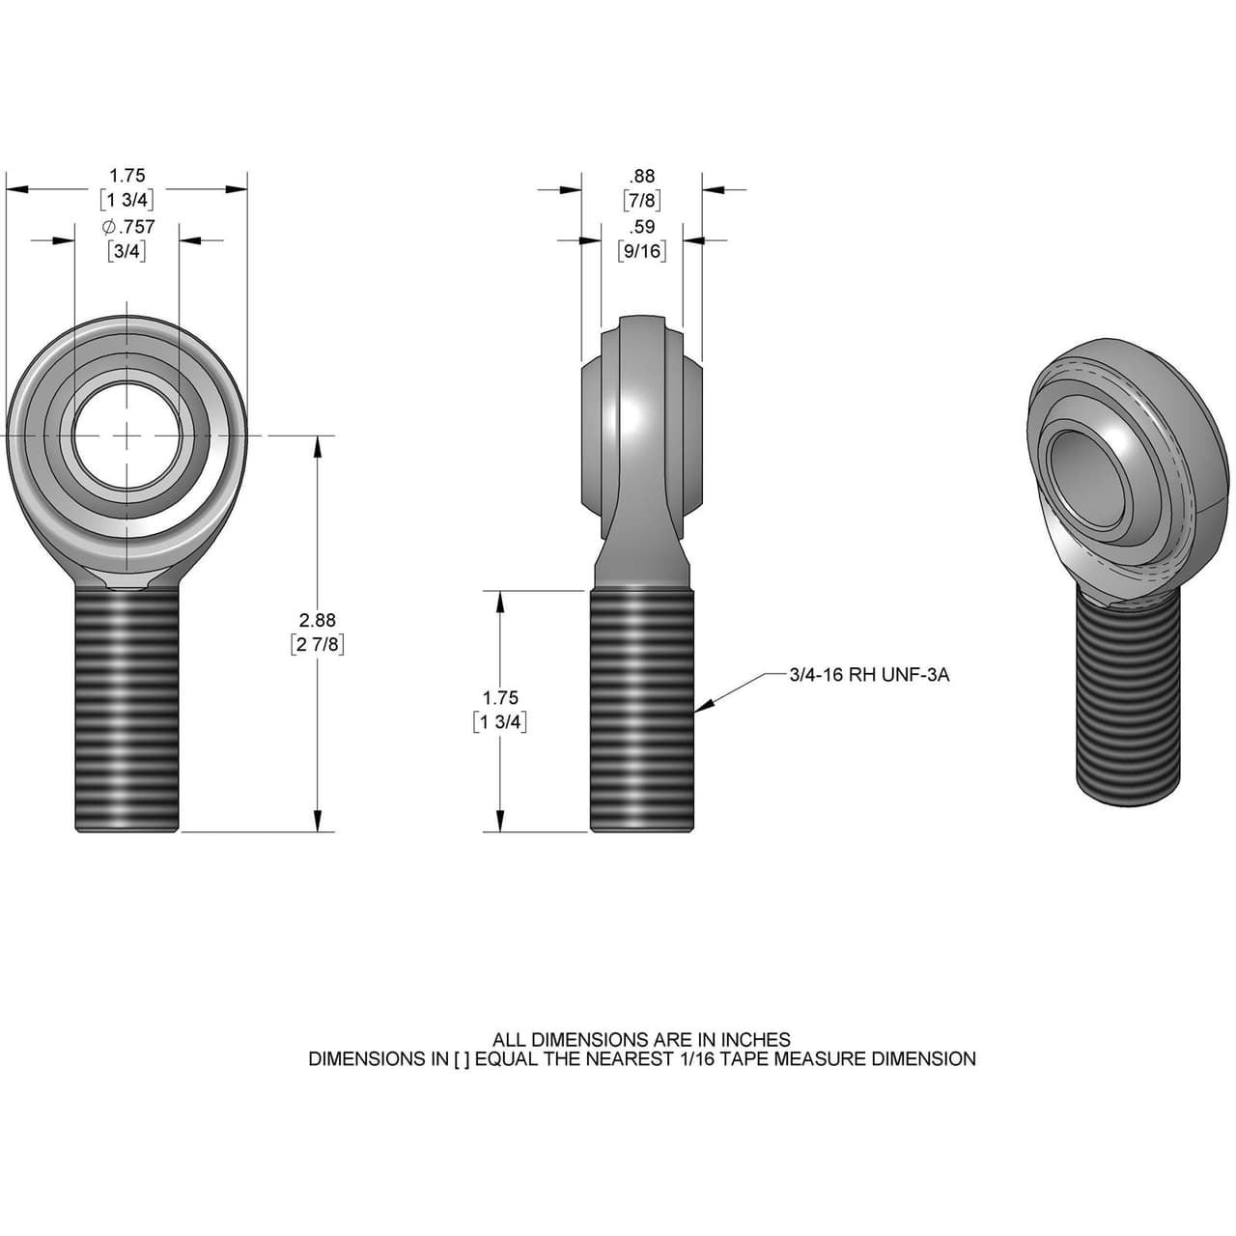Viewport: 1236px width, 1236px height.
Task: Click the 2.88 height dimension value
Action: pos(318,620)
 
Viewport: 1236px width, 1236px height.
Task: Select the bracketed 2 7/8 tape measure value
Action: pos(318,644)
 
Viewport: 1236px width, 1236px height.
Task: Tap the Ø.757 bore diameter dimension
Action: pos(127,227)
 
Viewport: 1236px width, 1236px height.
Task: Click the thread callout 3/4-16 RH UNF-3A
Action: pos(869,675)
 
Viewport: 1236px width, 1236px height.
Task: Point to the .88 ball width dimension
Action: pos(642,176)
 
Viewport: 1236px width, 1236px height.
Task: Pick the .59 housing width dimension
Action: pos(642,227)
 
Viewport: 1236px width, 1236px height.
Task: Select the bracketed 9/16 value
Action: pos(642,251)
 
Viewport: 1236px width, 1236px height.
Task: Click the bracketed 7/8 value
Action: pos(642,201)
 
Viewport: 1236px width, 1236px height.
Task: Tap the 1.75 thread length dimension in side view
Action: pos(500,697)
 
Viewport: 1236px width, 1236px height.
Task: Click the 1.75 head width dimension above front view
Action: pos(126,176)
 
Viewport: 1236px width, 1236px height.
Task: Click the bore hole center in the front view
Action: pos(126,436)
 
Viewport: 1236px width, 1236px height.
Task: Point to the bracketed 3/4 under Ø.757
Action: pos(126,251)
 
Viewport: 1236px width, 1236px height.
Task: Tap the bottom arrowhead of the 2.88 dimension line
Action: pos(318,823)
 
